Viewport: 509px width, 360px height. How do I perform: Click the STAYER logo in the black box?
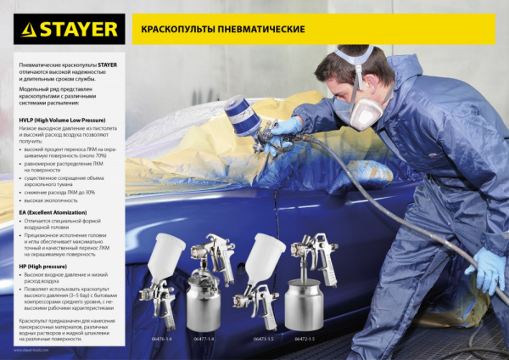(x=70, y=29)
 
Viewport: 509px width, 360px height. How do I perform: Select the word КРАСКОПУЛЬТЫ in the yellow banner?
(x=174, y=29)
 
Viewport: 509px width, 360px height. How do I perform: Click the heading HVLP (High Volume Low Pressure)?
(x=59, y=121)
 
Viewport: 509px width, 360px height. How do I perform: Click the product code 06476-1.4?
(x=160, y=339)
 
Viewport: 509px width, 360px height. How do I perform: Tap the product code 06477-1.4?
(x=204, y=339)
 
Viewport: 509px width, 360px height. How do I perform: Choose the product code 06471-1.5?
(x=263, y=339)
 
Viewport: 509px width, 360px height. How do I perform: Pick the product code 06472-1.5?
(x=305, y=339)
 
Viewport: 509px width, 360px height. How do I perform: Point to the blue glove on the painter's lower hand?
(x=489, y=271)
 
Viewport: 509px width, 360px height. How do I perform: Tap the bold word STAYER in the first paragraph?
(x=108, y=65)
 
